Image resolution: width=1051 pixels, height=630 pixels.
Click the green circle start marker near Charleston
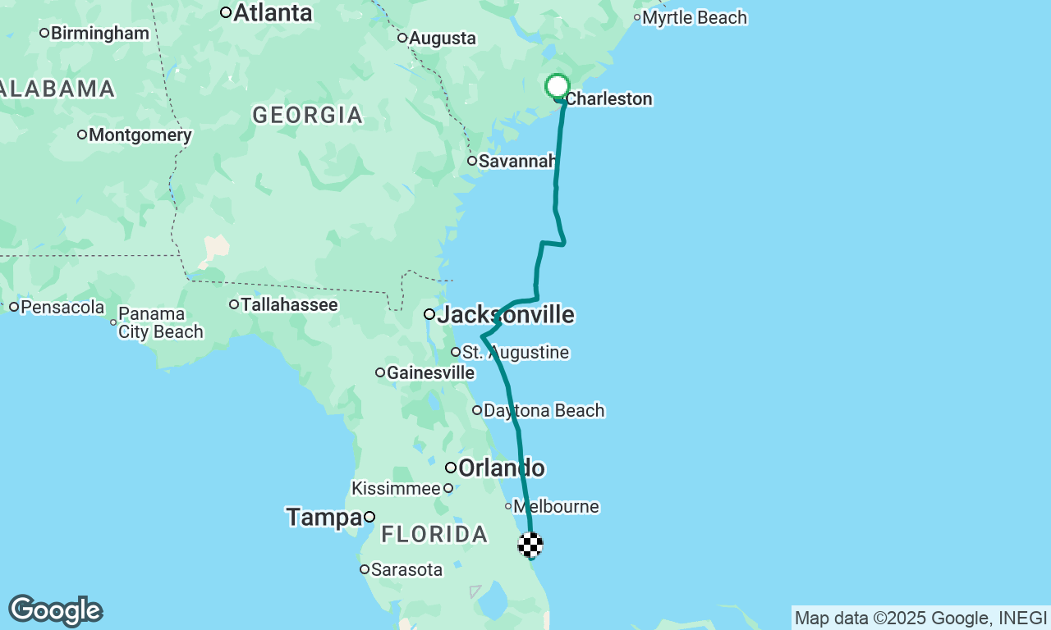[x=558, y=86]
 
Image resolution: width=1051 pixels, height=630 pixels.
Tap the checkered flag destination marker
[x=530, y=545]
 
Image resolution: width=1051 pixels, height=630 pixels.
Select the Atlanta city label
[x=273, y=13]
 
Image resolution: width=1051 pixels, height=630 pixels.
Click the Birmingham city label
[x=99, y=34]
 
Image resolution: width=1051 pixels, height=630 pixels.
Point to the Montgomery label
[x=140, y=135]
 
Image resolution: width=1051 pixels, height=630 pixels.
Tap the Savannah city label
[x=517, y=161]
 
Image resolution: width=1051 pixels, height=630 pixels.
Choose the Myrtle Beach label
[x=695, y=18]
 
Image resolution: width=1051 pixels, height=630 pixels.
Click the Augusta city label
[x=442, y=39]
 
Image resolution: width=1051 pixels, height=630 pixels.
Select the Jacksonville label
[x=505, y=314]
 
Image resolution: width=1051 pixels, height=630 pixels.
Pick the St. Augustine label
[x=515, y=353]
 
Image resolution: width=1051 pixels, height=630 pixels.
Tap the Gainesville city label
[x=430, y=373]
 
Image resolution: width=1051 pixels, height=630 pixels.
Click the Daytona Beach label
[x=544, y=410]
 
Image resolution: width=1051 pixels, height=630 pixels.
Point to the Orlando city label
[x=501, y=468]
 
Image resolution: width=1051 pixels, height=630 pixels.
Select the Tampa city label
[x=324, y=517]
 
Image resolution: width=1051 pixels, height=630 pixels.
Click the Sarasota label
[x=406, y=569]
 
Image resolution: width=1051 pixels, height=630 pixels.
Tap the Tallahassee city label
[x=288, y=305]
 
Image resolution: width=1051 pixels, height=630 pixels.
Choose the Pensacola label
[x=62, y=308]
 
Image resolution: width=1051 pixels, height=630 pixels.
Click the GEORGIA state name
[x=308, y=115]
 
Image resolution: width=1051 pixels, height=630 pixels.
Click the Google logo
[x=55, y=611]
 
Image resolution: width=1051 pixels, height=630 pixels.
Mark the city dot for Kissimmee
[x=448, y=488]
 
